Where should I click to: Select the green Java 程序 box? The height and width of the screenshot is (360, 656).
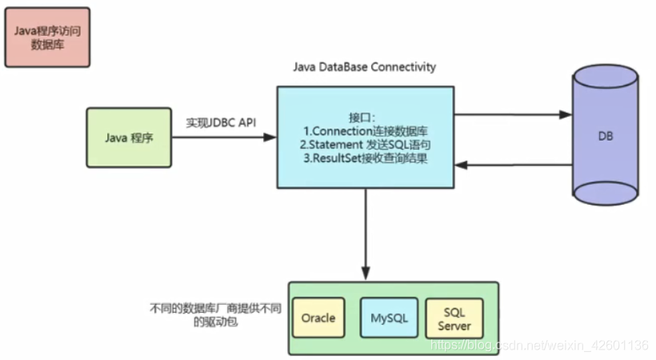point(129,138)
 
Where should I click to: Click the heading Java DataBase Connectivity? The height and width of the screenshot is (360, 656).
point(365,67)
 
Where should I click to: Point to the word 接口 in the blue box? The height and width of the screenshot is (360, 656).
point(361,115)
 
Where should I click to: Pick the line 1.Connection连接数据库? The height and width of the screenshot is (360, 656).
point(365,130)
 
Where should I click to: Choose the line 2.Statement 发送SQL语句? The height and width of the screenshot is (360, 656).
point(365,145)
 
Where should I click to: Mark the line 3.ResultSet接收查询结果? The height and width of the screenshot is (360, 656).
point(365,159)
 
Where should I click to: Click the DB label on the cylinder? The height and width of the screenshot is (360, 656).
point(606,137)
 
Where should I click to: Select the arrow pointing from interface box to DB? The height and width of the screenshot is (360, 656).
point(512,114)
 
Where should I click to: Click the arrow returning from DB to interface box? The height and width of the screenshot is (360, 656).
point(512,165)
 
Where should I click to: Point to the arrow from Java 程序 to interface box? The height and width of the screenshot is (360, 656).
point(223,138)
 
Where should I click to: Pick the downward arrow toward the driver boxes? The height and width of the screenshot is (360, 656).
point(365,232)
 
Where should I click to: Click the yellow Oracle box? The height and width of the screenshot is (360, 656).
point(318,318)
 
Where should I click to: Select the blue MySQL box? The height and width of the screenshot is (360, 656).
point(389,318)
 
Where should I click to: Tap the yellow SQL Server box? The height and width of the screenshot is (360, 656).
point(454,318)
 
